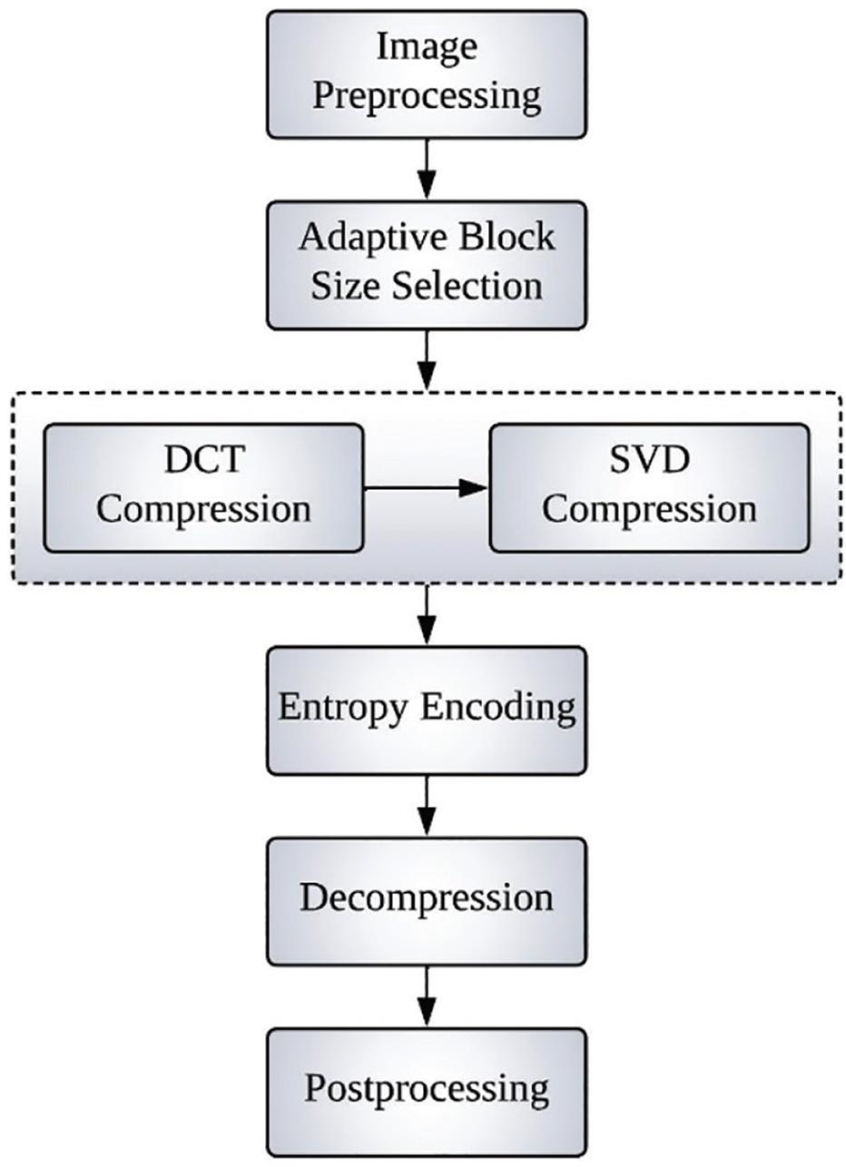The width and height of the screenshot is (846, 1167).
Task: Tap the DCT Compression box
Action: (203, 487)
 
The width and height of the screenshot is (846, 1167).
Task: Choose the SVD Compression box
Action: (649, 487)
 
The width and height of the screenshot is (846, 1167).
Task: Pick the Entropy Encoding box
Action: (427, 710)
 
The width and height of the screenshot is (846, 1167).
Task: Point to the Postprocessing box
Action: (427, 1089)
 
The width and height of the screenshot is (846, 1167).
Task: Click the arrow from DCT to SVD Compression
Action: (426, 488)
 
